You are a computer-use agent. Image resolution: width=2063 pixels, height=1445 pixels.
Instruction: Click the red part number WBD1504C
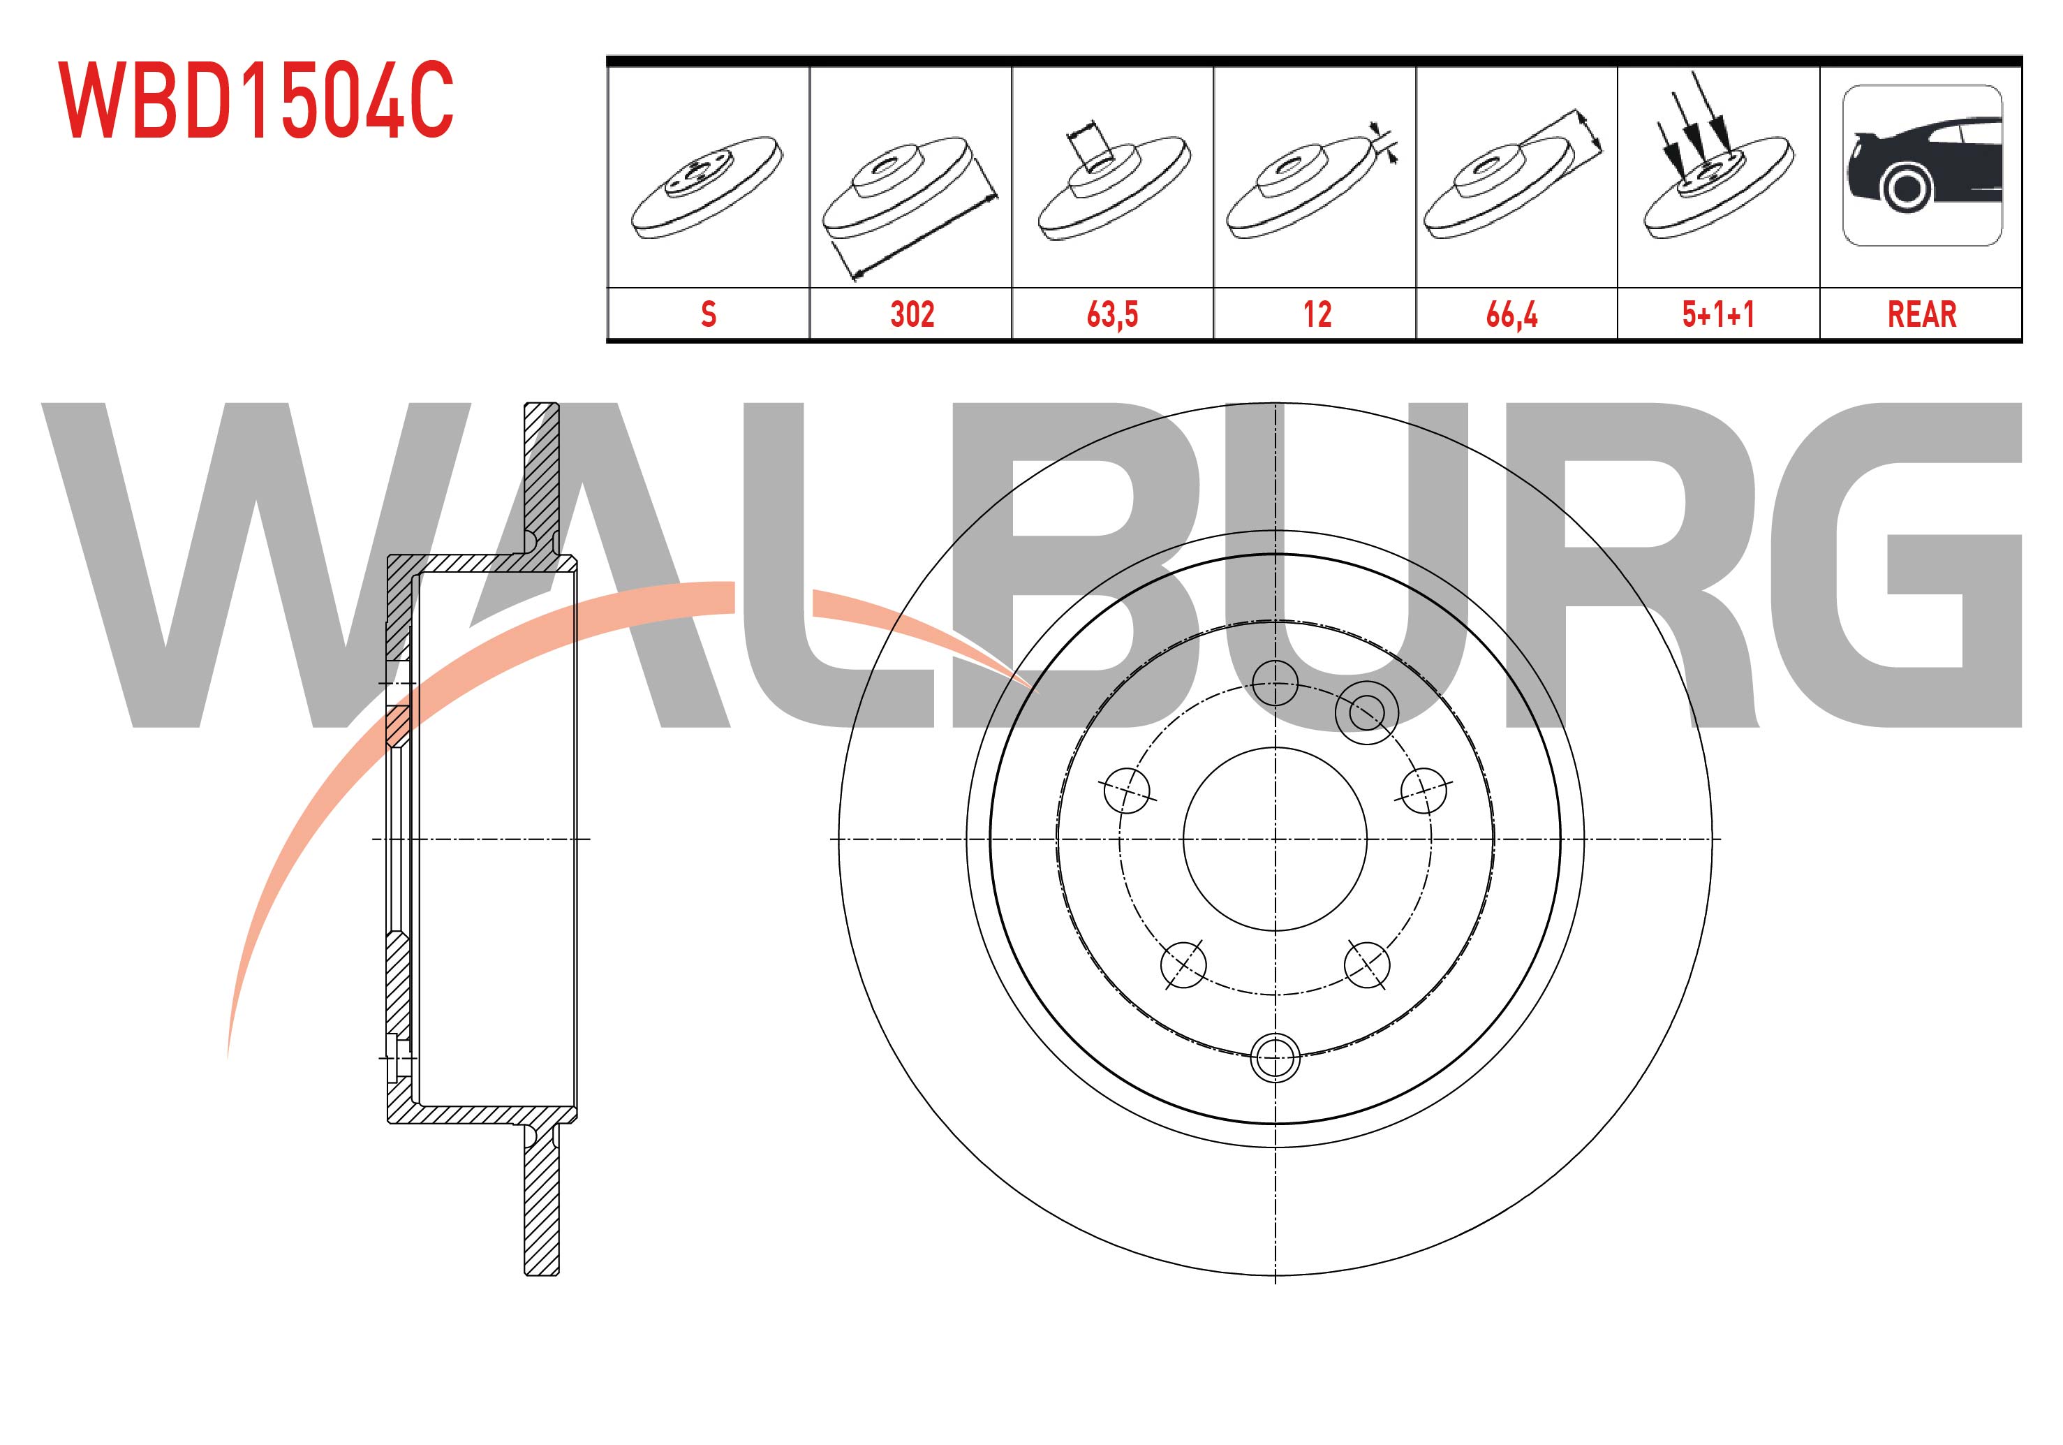[x=256, y=100]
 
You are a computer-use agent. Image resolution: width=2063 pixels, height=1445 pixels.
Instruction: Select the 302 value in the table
[x=912, y=314]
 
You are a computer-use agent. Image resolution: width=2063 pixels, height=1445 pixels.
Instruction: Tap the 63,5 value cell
[x=1112, y=314]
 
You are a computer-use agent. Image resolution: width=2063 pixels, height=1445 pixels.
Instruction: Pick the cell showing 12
[x=1316, y=314]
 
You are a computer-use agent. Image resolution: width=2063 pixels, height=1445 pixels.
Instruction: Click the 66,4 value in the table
[x=1512, y=314]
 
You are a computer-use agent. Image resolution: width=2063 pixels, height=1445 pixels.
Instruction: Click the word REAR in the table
[x=1922, y=314]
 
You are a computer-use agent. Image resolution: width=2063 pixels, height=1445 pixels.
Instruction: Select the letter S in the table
[x=708, y=314]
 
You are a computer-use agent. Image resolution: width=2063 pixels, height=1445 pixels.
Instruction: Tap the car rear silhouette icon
[x=1922, y=166]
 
